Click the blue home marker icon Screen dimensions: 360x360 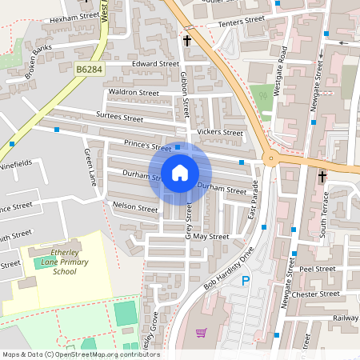pos(180,173)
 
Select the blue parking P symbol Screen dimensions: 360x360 pos(246,281)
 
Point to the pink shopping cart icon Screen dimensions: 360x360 pos(201,332)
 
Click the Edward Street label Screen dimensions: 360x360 pos(156,63)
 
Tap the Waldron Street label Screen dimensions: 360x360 pos(133,93)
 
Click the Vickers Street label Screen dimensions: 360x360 pos(220,132)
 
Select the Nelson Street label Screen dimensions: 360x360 pos(135,208)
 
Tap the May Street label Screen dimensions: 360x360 pos(211,237)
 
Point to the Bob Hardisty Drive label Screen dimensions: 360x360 pos(228,269)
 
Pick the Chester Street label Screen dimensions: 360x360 pos(318,294)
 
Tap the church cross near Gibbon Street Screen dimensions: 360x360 pos(188,40)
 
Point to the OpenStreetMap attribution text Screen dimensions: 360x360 pos(80,354)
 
